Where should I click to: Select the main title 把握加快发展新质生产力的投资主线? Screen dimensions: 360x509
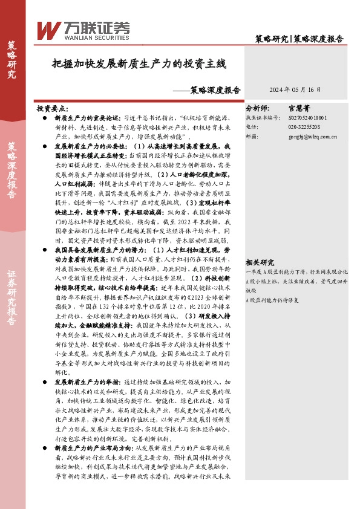click(x=139, y=63)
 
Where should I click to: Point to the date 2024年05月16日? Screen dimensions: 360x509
click(x=295, y=89)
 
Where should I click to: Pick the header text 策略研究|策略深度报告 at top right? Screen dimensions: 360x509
click(x=299, y=39)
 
